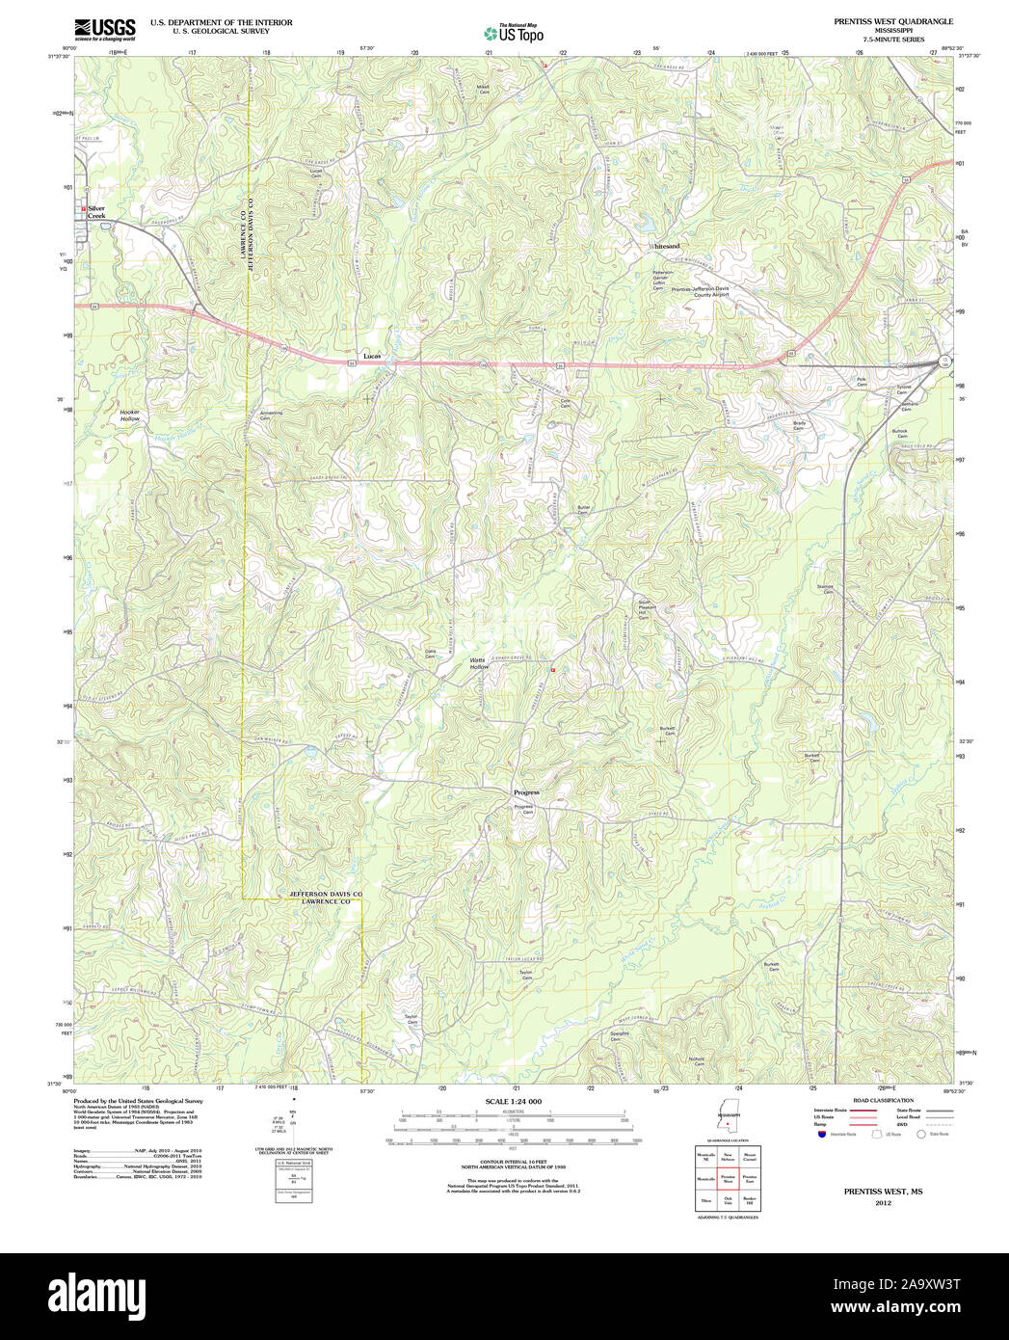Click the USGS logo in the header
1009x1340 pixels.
[x=104, y=28]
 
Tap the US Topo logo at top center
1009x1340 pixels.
[x=513, y=33]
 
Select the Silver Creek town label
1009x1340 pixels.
[x=97, y=212]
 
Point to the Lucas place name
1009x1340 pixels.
[x=371, y=355]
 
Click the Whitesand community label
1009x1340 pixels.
[x=665, y=247]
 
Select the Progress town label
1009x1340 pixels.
[x=526, y=792]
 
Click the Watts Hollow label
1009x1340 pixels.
[x=479, y=663]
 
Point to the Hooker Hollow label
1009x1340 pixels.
[x=129, y=415]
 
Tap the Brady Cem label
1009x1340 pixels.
[x=799, y=425]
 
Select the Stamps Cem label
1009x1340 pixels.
[x=826, y=589]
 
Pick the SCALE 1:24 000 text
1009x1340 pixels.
[x=514, y=1101]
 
